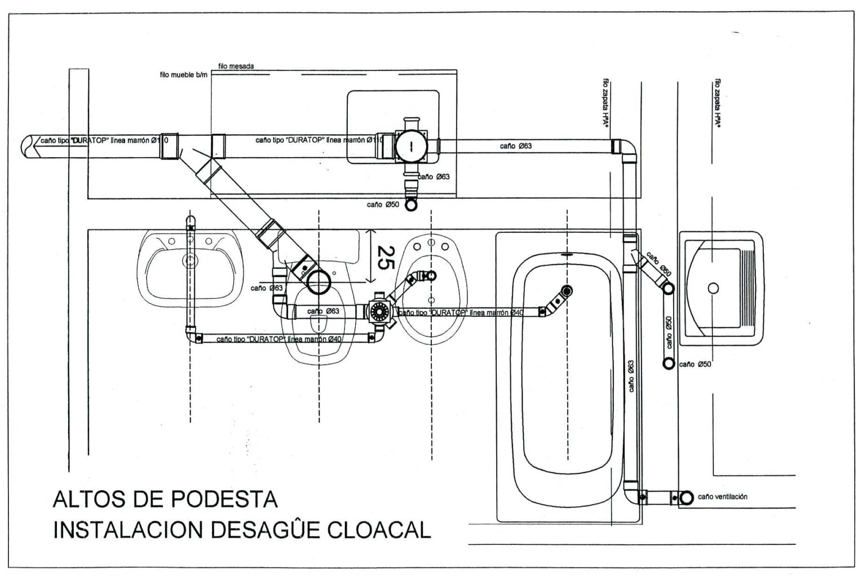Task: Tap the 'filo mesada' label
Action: click(236, 66)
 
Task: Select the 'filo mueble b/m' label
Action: click(184, 74)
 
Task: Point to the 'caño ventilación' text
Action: click(722, 496)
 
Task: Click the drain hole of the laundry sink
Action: click(713, 288)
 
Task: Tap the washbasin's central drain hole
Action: click(191, 260)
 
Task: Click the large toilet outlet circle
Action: click(319, 282)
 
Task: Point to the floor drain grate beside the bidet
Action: click(378, 311)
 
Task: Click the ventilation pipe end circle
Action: click(687, 498)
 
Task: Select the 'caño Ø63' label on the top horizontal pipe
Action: click(515, 147)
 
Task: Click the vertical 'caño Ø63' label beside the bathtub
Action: click(631, 376)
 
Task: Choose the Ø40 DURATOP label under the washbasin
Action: click(286, 339)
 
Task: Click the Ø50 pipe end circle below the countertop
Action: click(412, 205)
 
